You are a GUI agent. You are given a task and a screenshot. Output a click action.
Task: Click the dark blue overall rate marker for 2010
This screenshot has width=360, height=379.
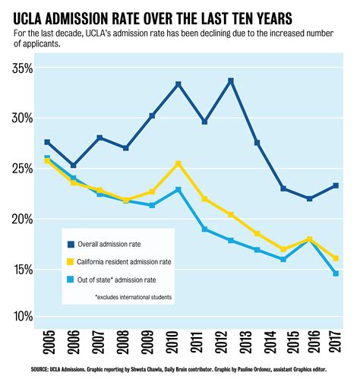tap(178, 84)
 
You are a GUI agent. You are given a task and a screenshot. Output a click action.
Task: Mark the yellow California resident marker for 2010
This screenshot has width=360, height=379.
tap(178, 163)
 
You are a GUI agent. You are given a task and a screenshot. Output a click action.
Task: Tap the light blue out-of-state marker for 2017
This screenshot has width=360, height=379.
tap(336, 273)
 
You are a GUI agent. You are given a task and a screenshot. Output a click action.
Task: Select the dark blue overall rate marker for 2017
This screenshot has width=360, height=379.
tap(336, 185)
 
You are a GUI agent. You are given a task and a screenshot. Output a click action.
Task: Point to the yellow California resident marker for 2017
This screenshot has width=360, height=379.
tap(336, 258)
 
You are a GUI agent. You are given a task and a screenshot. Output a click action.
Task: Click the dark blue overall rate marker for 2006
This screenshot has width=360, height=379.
tap(74, 165)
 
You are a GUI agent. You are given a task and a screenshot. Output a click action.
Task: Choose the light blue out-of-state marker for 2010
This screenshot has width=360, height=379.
tap(178, 190)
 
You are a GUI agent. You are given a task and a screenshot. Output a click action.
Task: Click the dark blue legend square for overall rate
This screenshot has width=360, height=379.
tap(71, 244)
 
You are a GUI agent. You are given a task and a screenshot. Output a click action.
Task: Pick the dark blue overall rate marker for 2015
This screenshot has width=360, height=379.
tap(283, 188)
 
